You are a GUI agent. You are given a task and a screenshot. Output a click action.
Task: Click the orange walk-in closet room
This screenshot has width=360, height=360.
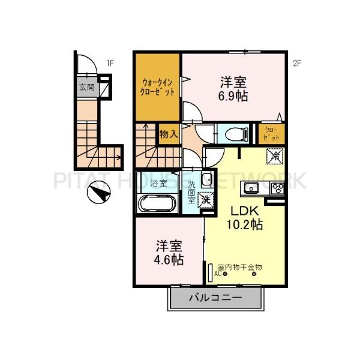(x=158, y=88)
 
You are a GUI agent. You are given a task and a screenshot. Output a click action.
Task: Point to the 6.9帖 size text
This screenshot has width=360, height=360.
(x=233, y=95)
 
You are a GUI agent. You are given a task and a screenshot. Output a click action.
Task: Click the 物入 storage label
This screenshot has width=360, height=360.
(x=169, y=134)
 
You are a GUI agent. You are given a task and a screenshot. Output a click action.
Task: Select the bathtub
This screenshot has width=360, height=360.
(x=157, y=204)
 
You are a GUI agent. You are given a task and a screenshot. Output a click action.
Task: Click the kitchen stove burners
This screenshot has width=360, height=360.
(x=277, y=189)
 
